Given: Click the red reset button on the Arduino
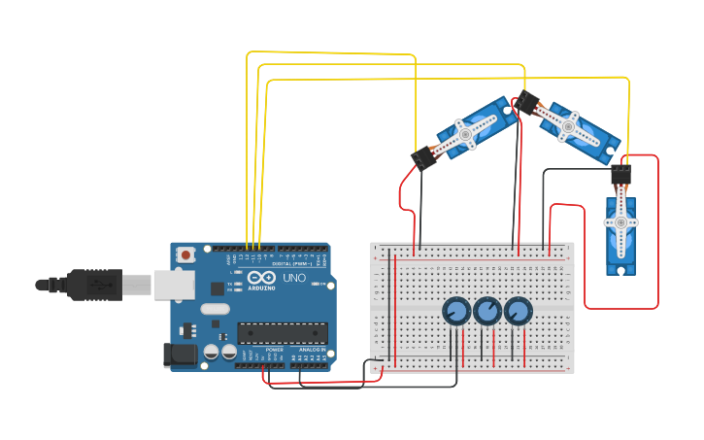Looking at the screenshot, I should click(185, 254).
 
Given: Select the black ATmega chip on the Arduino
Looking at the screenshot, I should click(283, 333).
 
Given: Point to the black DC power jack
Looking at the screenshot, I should click(180, 355).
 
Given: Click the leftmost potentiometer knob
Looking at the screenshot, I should click(455, 312).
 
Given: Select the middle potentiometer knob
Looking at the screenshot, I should click(486, 312).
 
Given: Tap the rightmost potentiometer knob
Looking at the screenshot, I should click(518, 312).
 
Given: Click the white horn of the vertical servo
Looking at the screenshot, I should click(620, 223).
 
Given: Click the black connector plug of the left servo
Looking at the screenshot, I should click(423, 157).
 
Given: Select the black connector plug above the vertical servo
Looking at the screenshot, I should click(620, 175).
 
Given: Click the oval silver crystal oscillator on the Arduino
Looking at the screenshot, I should click(216, 309).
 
